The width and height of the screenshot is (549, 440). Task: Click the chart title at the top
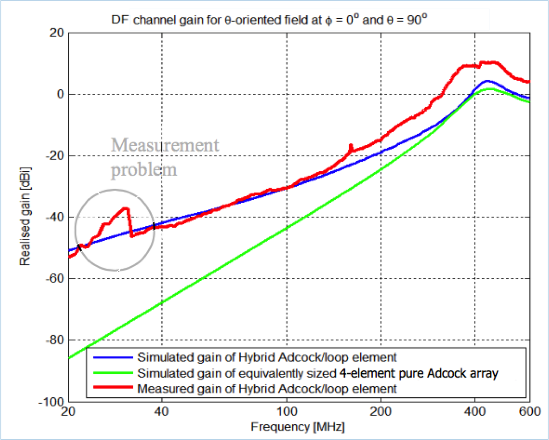tap(266, 20)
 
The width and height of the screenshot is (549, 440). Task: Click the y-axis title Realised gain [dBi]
tap(25, 217)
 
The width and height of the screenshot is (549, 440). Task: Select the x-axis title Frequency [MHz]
tap(298, 427)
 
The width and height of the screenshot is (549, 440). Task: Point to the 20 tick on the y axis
tap(57, 33)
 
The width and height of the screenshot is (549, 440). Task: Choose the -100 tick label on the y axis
tap(52, 402)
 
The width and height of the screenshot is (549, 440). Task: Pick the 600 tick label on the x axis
tap(530, 411)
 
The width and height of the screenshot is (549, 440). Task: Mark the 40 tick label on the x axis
tap(162, 411)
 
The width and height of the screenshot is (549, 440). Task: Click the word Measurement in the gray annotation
tap(165, 145)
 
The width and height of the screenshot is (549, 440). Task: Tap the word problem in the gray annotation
tap(144, 170)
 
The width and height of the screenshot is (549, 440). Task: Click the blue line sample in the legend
tap(113, 357)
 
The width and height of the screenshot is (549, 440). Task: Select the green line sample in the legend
tap(113, 373)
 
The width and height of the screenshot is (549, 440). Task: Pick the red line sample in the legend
tap(113, 388)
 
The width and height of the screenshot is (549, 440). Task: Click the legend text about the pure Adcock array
tap(317, 373)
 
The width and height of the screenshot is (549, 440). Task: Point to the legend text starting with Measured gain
tap(267, 389)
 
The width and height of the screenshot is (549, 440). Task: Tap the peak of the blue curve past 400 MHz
tap(487, 81)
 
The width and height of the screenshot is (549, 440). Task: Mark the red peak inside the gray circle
tap(126, 208)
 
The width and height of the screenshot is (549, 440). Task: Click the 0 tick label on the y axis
tap(60, 94)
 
